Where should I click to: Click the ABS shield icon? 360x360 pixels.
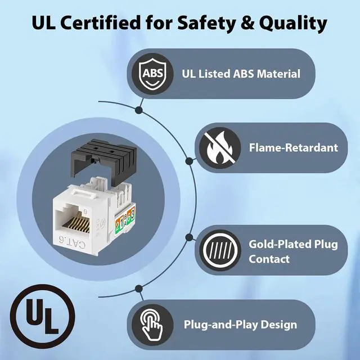tap(152, 74)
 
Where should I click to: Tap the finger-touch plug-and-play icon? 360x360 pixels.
tap(152, 325)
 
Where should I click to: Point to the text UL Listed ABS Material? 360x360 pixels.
tap(241, 74)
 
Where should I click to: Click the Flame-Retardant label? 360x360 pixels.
tap(293, 148)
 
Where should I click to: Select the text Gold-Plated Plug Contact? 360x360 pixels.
tap(285, 251)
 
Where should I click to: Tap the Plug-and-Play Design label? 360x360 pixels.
tap(240, 325)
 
